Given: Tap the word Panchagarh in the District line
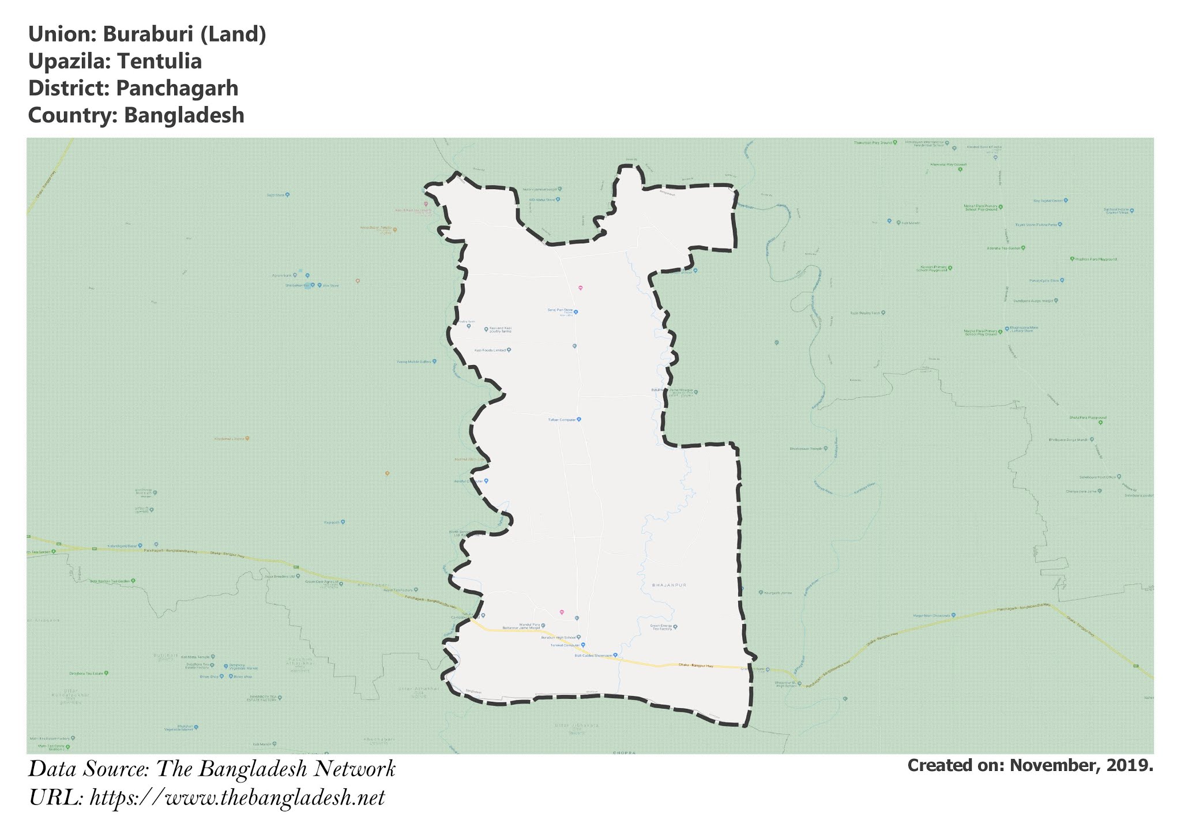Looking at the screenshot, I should [176, 88].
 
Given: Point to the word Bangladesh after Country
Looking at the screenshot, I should [184, 115].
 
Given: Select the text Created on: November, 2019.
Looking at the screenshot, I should [1030, 765].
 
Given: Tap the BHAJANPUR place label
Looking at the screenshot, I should [669, 585].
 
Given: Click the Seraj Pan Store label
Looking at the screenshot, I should [559, 310].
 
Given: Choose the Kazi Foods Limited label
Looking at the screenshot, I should [490, 350].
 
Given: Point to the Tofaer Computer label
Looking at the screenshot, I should [562, 420].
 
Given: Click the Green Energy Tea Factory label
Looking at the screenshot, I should [661, 627].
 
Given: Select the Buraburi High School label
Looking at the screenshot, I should [558, 637].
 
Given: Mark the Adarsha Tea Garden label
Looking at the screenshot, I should [1004, 248].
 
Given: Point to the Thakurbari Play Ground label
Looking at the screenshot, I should [873, 142].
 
